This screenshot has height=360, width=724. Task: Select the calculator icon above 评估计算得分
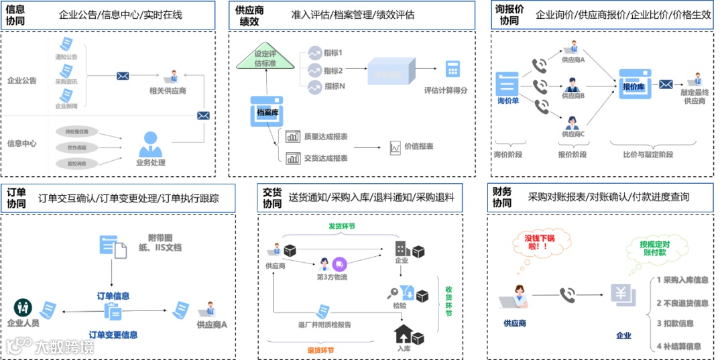pyautogui.click(x=452, y=69)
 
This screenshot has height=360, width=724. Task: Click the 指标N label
pyautogui.click(x=334, y=86)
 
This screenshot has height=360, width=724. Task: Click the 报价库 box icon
pyautogui.click(x=633, y=83)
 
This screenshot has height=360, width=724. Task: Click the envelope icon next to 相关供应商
pyautogui.click(x=123, y=76)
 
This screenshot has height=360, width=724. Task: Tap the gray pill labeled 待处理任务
pyautogui.click(x=77, y=131)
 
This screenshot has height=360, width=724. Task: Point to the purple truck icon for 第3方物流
pyautogui.click(x=339, y=264)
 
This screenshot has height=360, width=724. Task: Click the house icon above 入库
pyautogui.click(x=404, y=333)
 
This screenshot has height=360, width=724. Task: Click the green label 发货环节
pyautogui.click(x=341, y=227)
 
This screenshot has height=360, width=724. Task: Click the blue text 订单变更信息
pyautogui.click(x=113, y=335)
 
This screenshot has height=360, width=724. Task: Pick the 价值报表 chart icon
pyautogui.click(x=396, y=147)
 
